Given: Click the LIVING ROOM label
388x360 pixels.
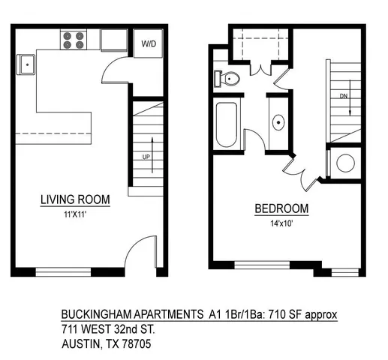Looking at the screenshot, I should click(75, 199).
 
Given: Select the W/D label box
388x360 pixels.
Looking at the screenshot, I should click(148, 43).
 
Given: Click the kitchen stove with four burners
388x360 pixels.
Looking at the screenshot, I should click(73, 39).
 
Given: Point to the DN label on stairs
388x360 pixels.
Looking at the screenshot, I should click(344, 97).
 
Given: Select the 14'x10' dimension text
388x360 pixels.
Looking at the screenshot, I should click(282, 222).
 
